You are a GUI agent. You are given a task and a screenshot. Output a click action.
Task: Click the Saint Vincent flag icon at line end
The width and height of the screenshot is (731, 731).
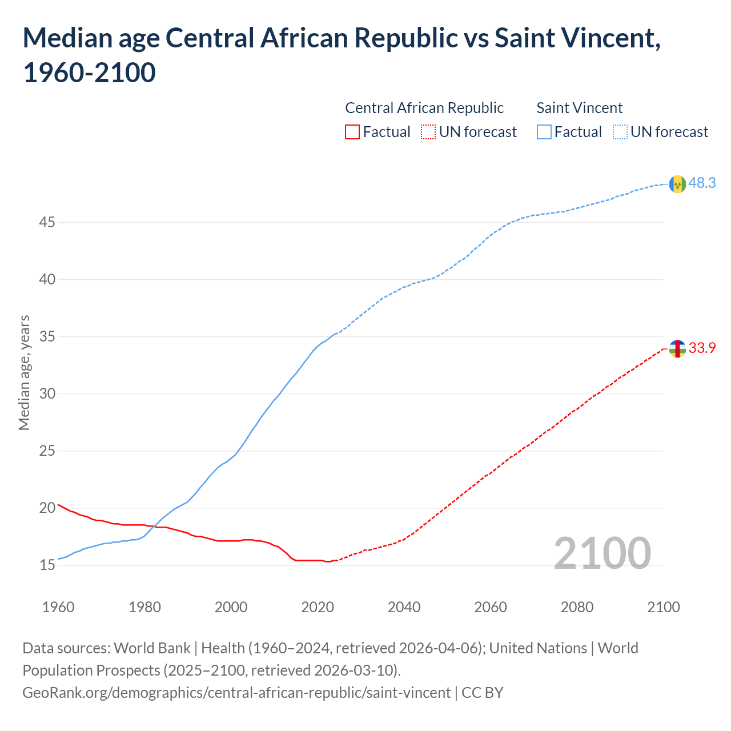[677, 184]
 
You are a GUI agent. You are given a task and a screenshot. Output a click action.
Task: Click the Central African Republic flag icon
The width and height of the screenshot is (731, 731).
[677, 348]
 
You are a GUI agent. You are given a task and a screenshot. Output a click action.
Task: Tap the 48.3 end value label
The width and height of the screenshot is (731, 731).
[702, 183]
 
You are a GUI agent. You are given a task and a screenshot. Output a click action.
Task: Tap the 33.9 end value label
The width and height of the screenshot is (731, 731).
[702, 348]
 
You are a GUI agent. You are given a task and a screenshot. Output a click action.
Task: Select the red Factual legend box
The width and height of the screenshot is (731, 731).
[352, 132]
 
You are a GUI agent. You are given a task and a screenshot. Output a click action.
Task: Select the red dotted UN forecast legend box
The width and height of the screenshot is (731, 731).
[428, 132]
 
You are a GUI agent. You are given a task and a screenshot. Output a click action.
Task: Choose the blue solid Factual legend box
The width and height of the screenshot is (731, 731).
[544, 132]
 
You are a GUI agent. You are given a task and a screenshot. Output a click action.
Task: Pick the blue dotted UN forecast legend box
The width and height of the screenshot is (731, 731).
[620, 132]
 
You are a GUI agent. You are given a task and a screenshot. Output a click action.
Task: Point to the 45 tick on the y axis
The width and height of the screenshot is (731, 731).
[47, 222]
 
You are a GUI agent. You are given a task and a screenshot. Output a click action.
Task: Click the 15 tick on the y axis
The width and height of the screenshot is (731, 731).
[47, 565]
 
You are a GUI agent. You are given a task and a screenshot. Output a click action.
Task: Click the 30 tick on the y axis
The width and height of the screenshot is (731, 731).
[47, 393]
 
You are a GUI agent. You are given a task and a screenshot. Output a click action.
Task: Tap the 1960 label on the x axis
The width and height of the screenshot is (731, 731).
[58, 607]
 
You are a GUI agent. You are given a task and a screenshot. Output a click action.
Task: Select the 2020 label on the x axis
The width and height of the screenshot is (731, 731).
[318, 607]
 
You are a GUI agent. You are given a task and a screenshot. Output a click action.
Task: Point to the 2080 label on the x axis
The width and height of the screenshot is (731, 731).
[577, 607]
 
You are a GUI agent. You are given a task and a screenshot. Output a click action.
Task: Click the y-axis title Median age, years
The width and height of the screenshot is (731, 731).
[24, 372]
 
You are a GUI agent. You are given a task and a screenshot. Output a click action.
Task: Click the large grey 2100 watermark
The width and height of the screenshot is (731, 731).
[602, 553]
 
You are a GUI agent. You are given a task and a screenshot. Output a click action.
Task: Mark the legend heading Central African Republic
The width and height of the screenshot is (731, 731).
[424, 108]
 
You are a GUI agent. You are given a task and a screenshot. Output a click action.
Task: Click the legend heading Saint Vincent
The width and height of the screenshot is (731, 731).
[579, 108]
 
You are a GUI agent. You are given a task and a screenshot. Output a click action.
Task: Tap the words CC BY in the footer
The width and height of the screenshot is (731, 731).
[483, 693]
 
